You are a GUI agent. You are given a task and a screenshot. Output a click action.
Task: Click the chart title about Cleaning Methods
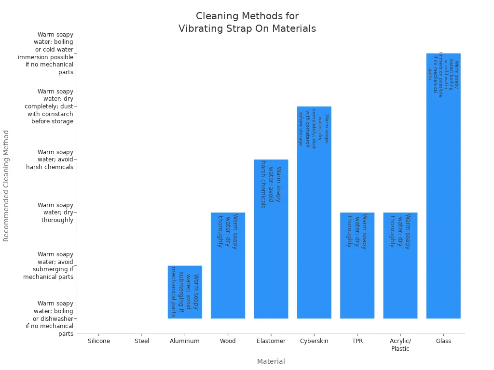[x=247, y=23]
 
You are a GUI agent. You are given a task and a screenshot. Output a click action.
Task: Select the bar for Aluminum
[x=185, y=292]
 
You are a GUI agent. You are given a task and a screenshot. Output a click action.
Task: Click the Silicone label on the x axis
[x=99, y=341]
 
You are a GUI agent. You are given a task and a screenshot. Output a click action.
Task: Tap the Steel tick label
[x=142, y=341]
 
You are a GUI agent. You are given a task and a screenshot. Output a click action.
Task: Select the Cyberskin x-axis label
[x=314, y=341]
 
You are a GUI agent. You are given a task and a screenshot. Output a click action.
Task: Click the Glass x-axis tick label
[x=443, y=341]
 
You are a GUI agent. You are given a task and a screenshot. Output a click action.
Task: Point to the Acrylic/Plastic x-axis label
[x=400, y=344]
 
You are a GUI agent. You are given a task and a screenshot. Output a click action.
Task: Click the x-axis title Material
[x=271, y=361]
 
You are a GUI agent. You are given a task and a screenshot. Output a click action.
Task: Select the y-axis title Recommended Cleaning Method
[x=6, y=185]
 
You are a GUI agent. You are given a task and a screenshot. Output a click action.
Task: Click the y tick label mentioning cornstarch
[x=49, y=106]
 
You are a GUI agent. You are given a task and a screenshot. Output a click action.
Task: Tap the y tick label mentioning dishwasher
[x=50, y=318]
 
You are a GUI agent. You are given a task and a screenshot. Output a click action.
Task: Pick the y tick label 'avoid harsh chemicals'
[x=50, y=159]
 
